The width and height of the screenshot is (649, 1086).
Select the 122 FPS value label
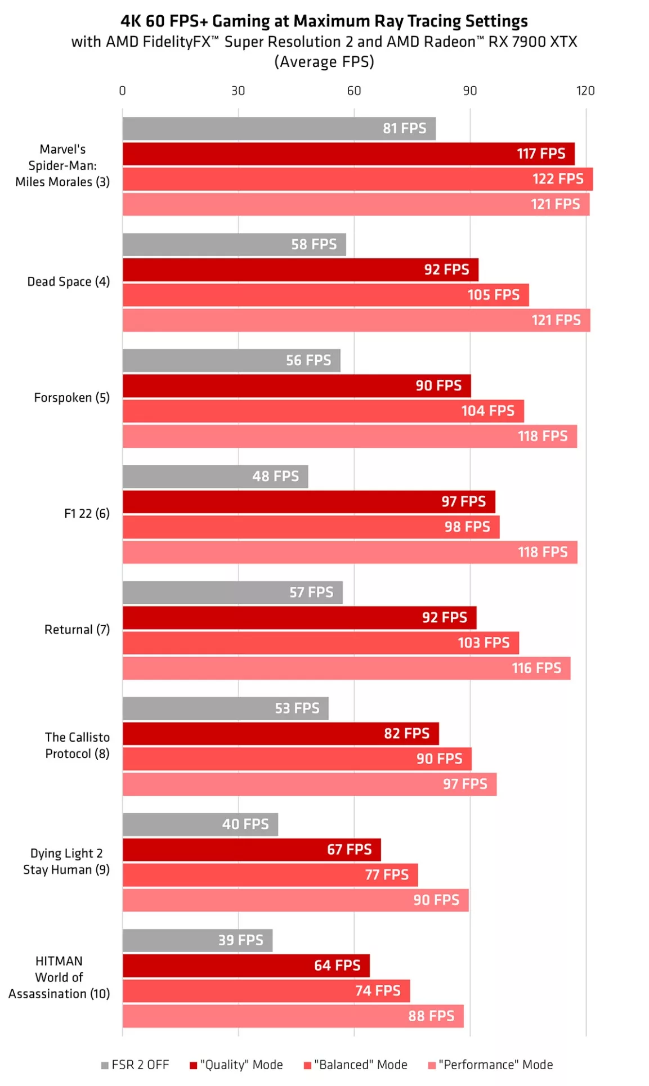[x=557, y=179]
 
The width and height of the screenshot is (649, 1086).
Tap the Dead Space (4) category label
[x=69, y=282]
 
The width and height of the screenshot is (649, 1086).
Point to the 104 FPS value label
[x=487, y=411]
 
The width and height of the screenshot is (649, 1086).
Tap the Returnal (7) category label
[x=77, y=630]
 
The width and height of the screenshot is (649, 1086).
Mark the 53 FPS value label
[x=297, y=708]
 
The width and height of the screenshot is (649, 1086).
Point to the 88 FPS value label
[x=431, y=1016]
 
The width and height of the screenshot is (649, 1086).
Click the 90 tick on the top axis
[x=469, y=91]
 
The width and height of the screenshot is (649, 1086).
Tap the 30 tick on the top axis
[x=238, y=91]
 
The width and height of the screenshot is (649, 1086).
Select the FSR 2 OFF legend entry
[x=135, y=1065]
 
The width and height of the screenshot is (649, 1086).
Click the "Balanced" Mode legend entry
[x=355, y=1065]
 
